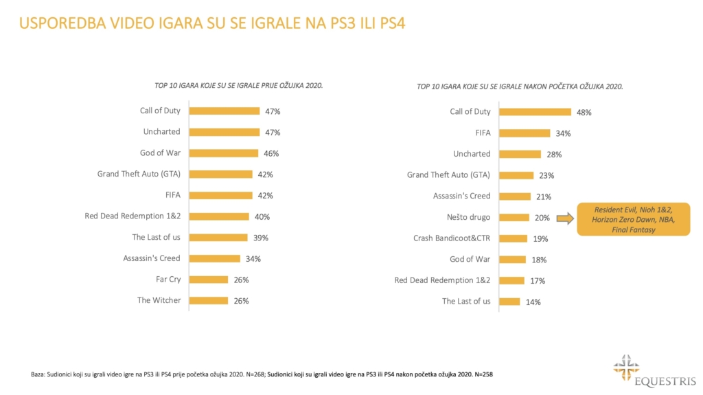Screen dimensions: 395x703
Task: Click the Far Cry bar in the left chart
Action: [208, 280]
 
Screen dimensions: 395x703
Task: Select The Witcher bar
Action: [208, 300]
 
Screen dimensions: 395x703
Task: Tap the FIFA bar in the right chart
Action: [524, 133]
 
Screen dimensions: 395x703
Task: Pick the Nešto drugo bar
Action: [514, 218]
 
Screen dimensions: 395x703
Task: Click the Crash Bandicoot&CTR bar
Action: [513, 238]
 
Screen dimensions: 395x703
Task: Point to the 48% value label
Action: [584, 112]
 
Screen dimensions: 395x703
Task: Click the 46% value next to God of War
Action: [270, 153]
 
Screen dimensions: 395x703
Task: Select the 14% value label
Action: [533, 302]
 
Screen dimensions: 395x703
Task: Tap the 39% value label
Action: [260, 238]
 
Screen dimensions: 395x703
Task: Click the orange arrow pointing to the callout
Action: [564, 218]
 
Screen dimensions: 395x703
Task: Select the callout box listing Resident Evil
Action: [633, 219]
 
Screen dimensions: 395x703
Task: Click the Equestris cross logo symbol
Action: [626, 365]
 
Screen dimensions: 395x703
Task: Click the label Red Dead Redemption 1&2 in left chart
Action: [132, 216]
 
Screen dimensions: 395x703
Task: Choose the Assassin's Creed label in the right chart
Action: [461, 196]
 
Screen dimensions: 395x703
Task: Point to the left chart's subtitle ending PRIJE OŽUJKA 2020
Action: [239, 86]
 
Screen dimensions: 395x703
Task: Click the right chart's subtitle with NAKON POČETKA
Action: [520, 87]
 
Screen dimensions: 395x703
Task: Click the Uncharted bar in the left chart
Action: [224, 132]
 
